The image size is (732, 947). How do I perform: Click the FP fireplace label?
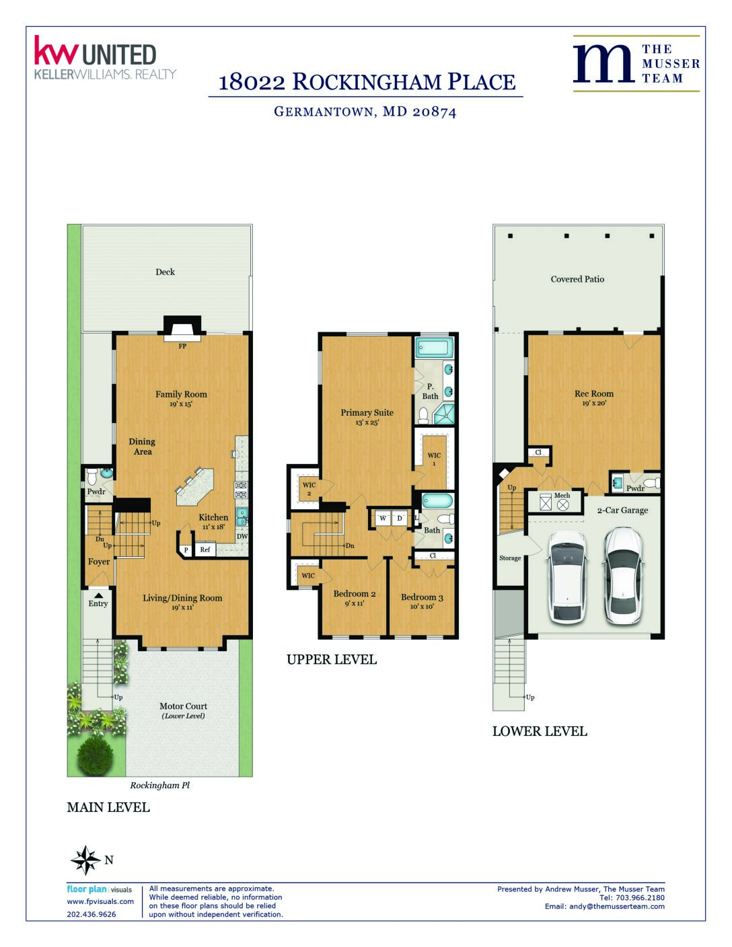coord(182,346)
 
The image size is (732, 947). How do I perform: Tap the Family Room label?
coord(182,394)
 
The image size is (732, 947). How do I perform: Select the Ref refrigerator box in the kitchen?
coord(205,550)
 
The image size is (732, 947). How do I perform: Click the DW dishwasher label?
coord(242,536)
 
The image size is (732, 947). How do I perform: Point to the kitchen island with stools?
coord(194,487)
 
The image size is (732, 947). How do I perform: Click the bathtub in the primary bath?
coord(433,348)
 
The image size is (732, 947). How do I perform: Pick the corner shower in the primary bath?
coord(444,414)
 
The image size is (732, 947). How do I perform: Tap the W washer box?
coord(383,518)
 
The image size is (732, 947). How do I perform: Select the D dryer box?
coord(400,518)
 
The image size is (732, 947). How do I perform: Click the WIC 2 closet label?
coord(309,488)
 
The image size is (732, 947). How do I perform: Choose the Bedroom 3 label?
coord(422,597)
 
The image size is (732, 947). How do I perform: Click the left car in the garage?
coord(566,577)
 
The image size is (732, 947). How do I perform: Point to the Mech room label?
coord(562,496)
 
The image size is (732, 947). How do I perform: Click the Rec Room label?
coord(594,393)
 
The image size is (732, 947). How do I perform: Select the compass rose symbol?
coord(86,860)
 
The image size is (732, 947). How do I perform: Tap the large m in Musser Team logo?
coord(603,63)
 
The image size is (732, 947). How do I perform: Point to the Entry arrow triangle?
coord(98,595)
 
